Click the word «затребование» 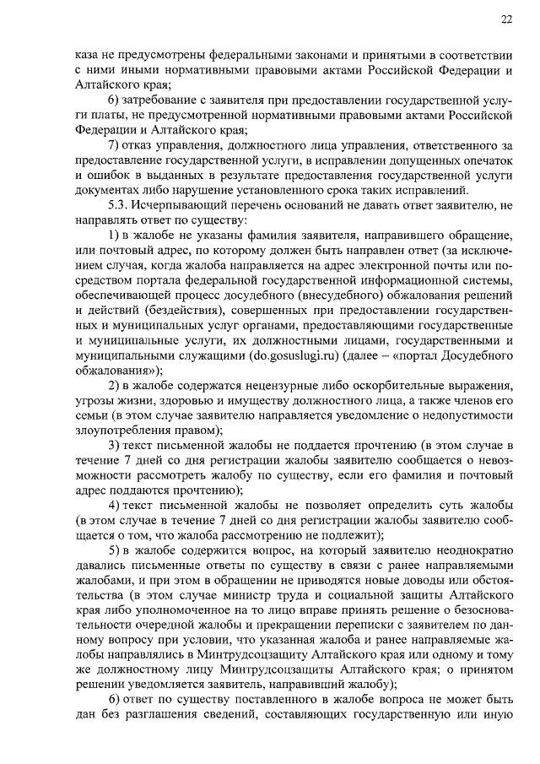coord(164,100)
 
